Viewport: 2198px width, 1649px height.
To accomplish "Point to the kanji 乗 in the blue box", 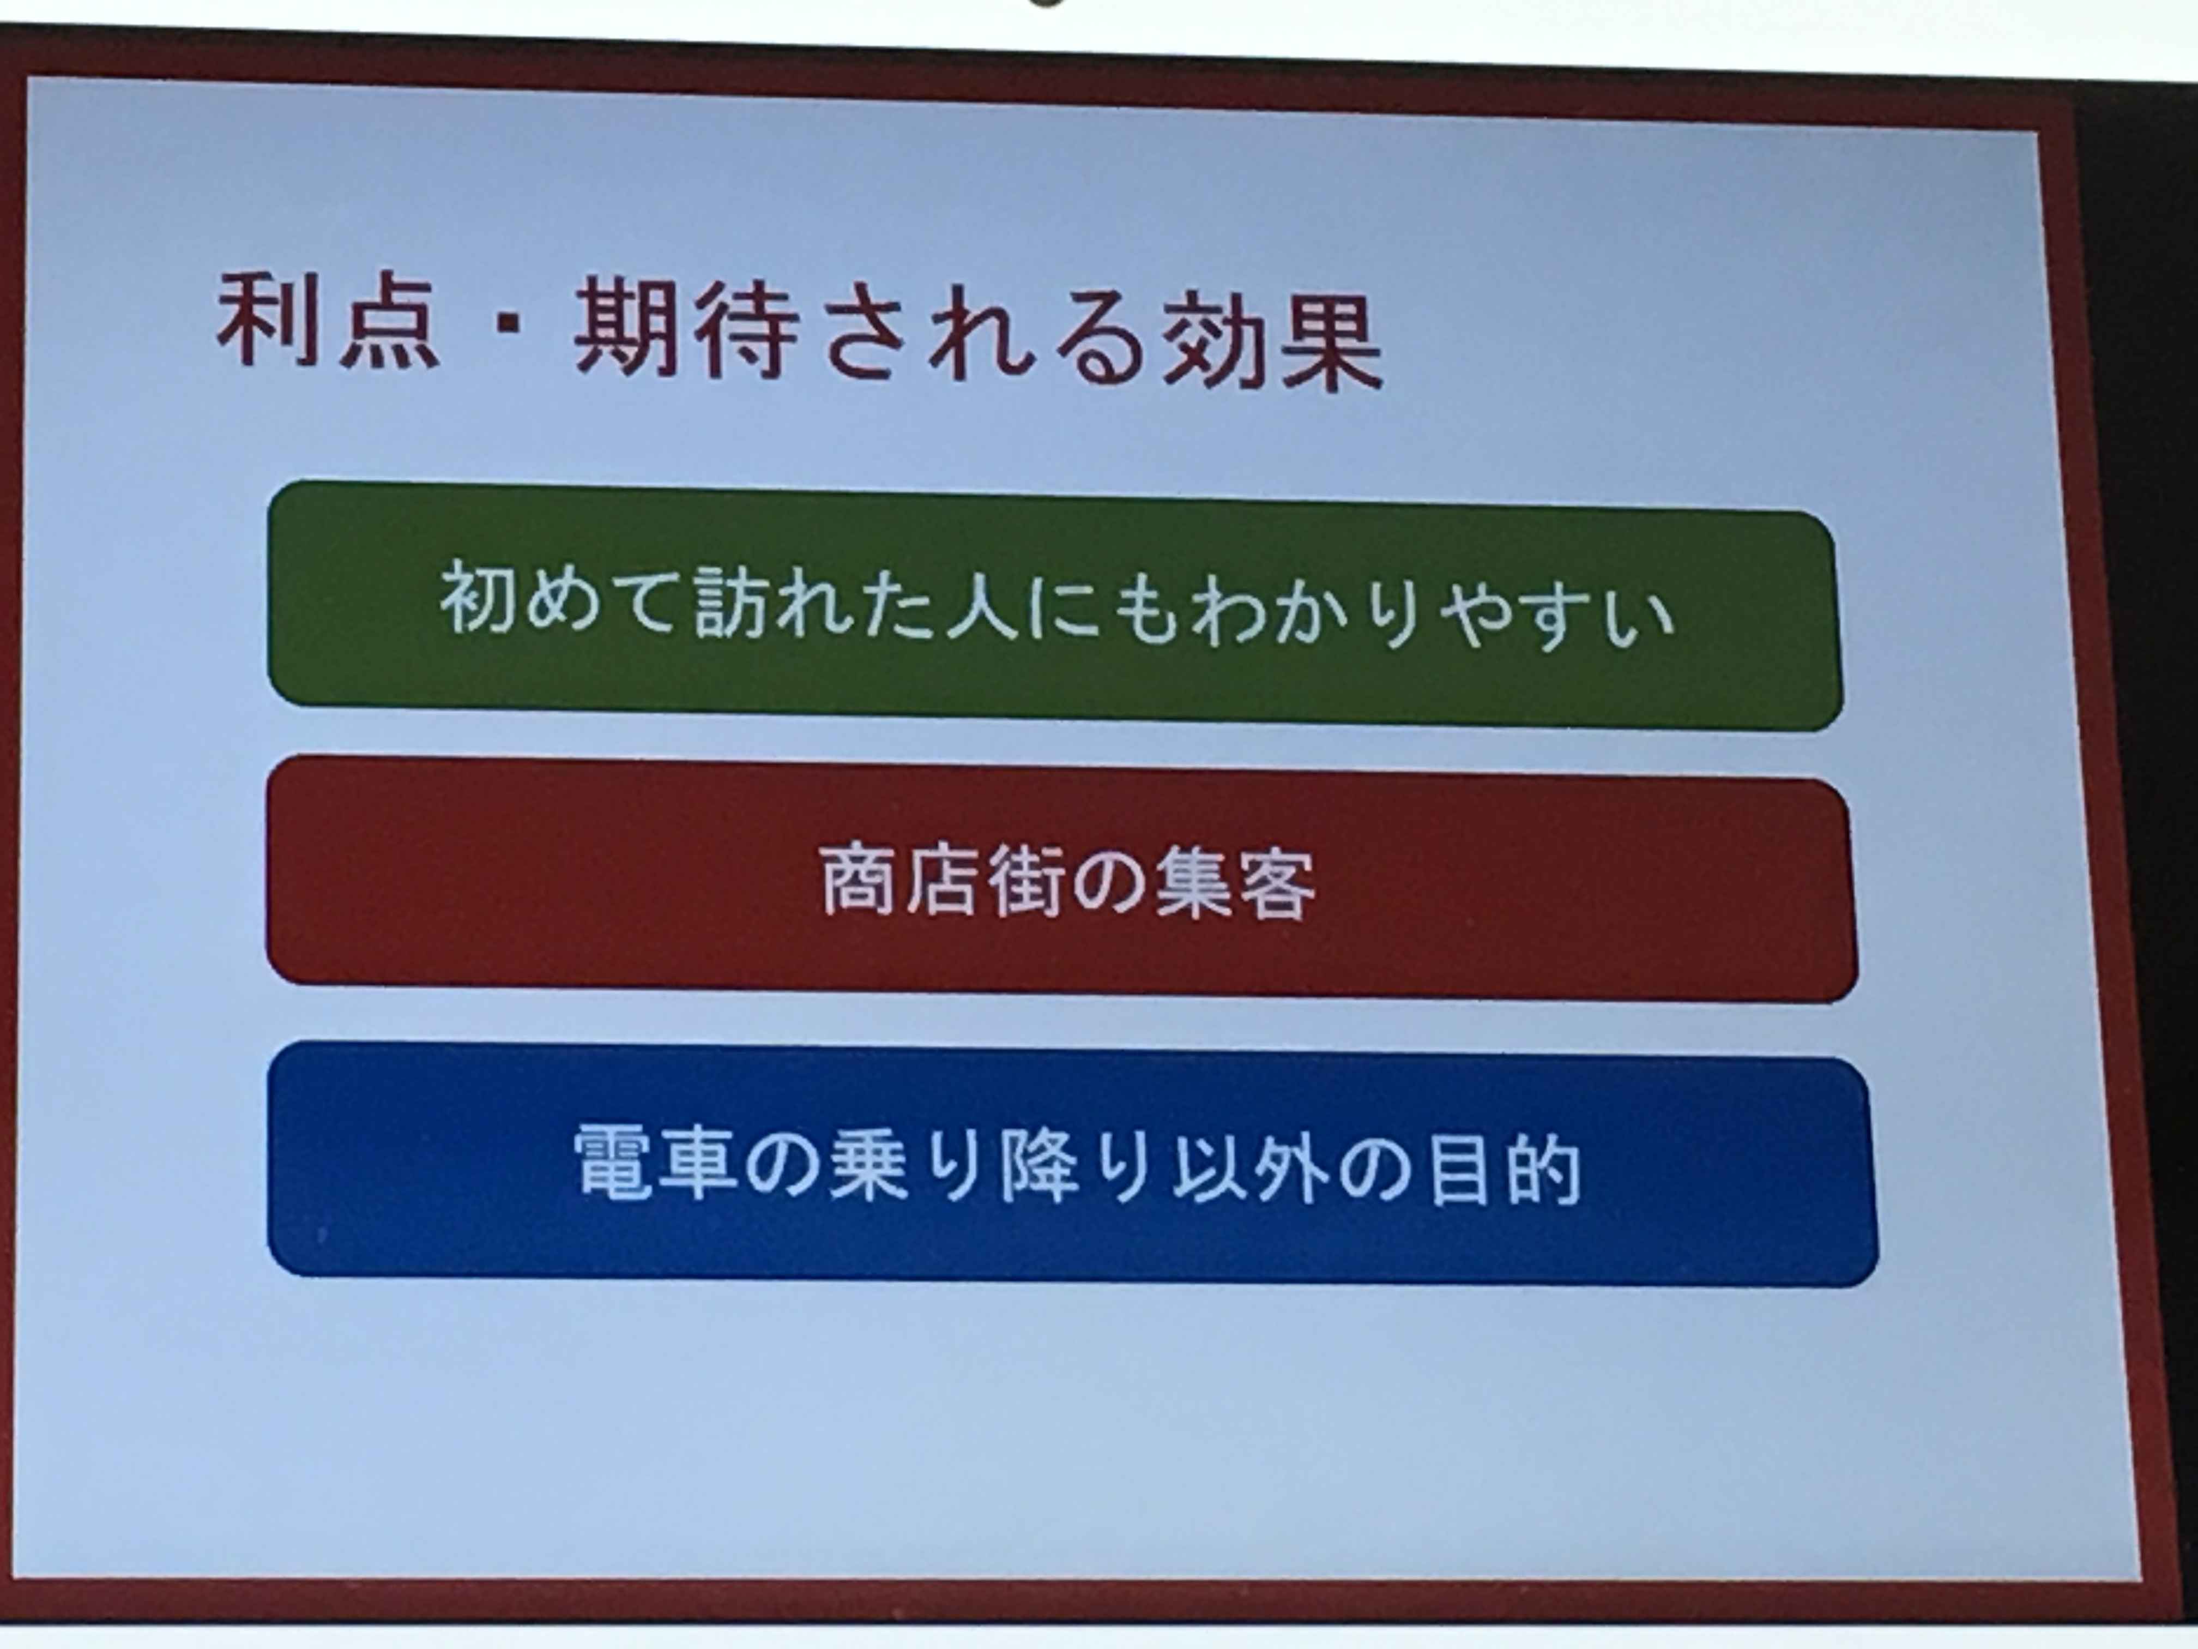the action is coord(869,1164).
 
